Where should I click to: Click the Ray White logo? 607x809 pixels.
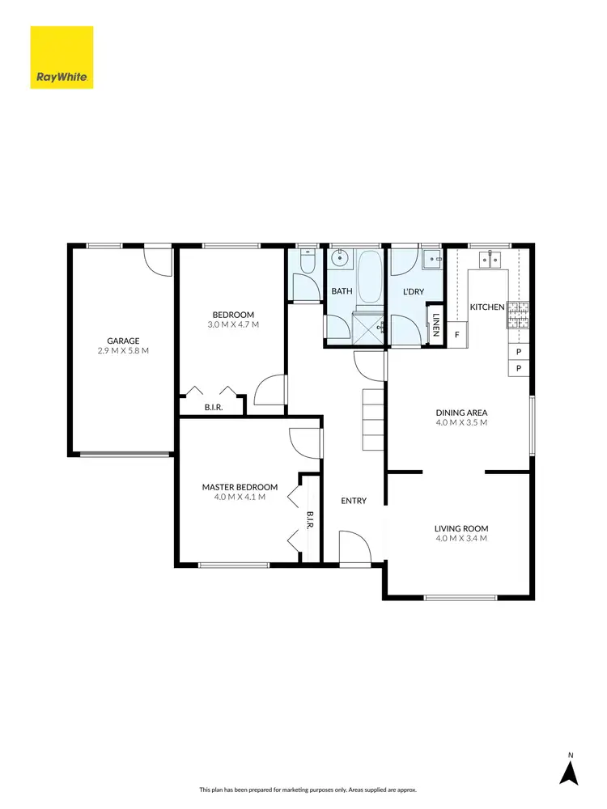(62, 57)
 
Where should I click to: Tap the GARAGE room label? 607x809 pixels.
(123, 341)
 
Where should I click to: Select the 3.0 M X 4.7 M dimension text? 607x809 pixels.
(233, 325)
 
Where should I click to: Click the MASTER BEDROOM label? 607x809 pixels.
(240, 487)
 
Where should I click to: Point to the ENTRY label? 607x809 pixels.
(354, 501)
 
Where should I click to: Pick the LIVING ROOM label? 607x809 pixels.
(461, 528)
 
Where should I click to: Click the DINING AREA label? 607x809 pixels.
(461, 412)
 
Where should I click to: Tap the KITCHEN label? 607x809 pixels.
(487, 307)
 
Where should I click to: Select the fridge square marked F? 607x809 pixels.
(456, 334)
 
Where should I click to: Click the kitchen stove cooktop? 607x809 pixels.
(517, 315)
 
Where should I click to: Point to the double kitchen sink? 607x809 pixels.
(489, 259)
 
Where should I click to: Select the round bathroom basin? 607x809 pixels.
(339, 260)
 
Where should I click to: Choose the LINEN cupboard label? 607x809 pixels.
(436, 324)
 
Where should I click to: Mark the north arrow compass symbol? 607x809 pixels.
(570, 772)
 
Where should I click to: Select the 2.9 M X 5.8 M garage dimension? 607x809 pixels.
(123, 351)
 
